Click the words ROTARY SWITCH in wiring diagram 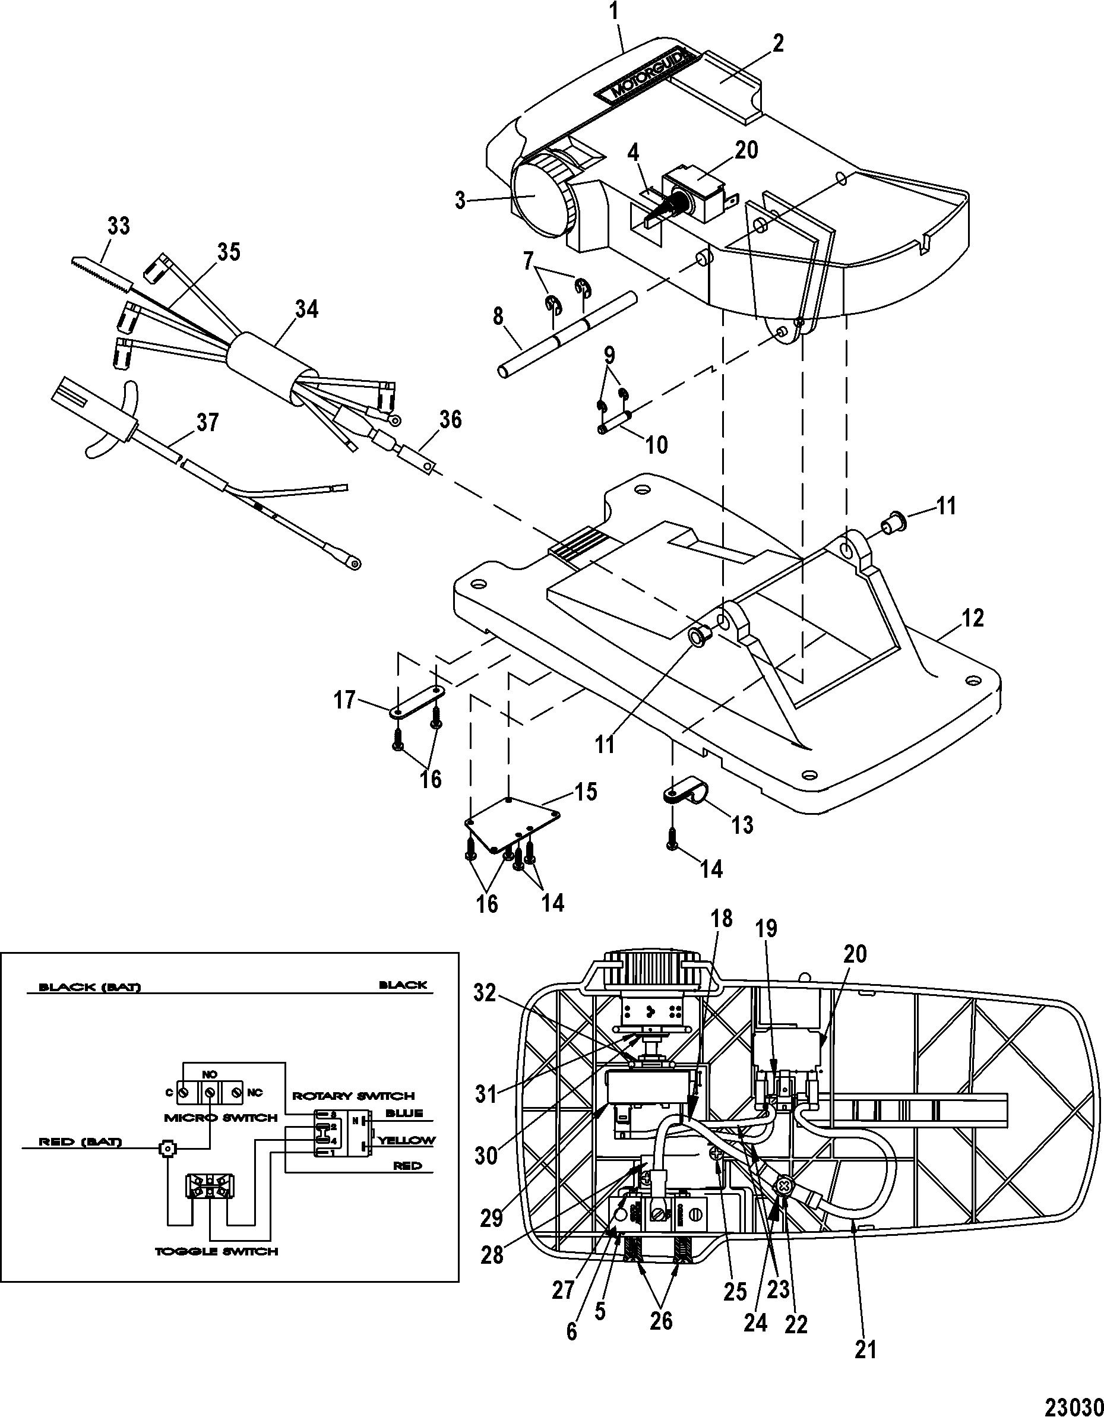[353, 1095]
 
